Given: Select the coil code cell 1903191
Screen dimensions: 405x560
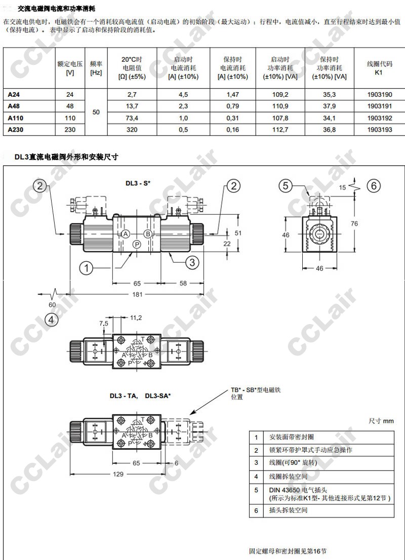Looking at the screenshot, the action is point(379,106).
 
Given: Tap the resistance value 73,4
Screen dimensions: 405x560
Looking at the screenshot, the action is point(132,118).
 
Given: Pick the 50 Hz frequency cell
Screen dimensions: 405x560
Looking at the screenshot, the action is point(96,112).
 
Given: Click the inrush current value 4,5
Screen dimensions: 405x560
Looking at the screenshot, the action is point(183,95).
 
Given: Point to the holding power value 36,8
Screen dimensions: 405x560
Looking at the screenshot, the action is point(329,130).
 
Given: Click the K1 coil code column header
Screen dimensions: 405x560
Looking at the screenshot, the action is point(379,68).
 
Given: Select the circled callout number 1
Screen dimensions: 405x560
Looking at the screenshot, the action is point(86,267).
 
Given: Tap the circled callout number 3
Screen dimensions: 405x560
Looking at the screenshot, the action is point(192,262).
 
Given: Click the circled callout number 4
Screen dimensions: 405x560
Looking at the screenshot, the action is point(51,319).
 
